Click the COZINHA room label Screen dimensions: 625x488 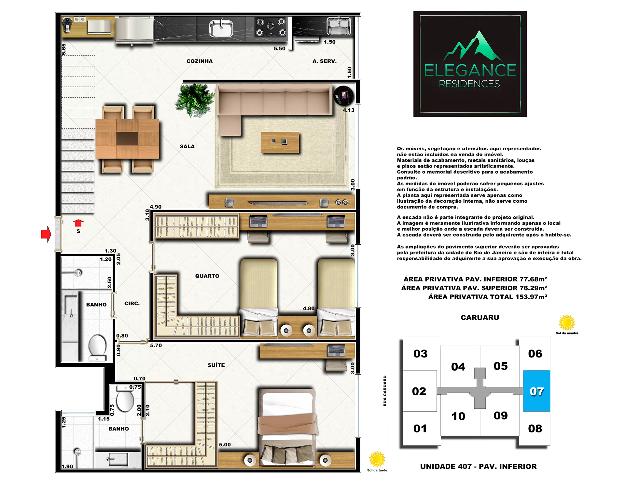coord(199,61)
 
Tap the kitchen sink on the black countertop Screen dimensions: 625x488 coord(221,28)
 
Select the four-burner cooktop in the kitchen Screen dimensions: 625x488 coord(271,27)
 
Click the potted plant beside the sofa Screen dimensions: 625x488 coord(194,100)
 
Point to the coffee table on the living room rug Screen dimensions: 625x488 coord(280,142)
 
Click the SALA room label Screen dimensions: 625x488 coord(187,146)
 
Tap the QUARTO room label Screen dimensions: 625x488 coord(207,276)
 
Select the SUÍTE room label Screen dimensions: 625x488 coord(216,365)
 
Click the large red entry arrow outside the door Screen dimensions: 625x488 coord(46,234)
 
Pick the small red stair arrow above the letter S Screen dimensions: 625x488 coord(78,223)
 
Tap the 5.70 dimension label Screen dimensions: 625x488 coord(156,346)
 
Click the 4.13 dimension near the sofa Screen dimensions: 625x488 coord(348,110)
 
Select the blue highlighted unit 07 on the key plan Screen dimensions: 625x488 coord(536,391)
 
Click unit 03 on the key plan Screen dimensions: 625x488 coord(420,354)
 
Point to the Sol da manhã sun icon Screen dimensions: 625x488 coord(567,323)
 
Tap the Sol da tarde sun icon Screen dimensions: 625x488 coord(377,459)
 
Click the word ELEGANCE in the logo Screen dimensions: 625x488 coord(470,70)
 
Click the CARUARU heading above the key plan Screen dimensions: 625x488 coord(480,318)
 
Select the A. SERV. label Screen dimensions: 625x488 coord(325,61)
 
